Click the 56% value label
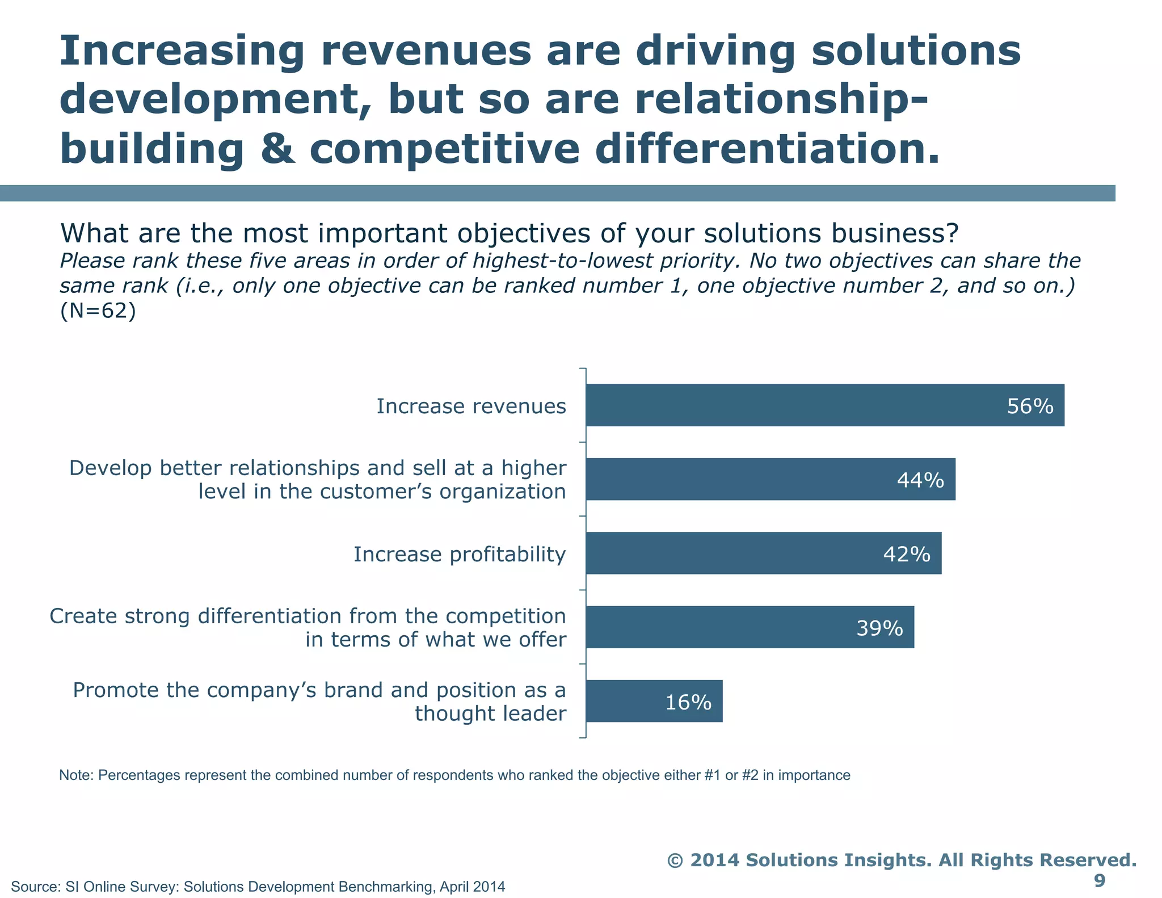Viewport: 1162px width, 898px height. [1030, 406]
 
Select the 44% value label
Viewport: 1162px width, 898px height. [920, 480]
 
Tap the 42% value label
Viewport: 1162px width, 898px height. [907, 554]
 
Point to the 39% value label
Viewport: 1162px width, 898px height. [879, 628]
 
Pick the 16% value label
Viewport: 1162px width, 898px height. [688, 703]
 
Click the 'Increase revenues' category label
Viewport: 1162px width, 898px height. [471, 406]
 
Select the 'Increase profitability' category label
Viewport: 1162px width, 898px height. [460, 554]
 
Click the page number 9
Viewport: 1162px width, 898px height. [1099, 880]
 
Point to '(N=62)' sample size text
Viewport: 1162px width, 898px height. [98, 311]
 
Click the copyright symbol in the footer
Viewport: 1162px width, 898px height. [675, 860]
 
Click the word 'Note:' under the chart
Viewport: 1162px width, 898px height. [77, 775]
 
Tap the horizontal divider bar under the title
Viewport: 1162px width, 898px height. [556, 193]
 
